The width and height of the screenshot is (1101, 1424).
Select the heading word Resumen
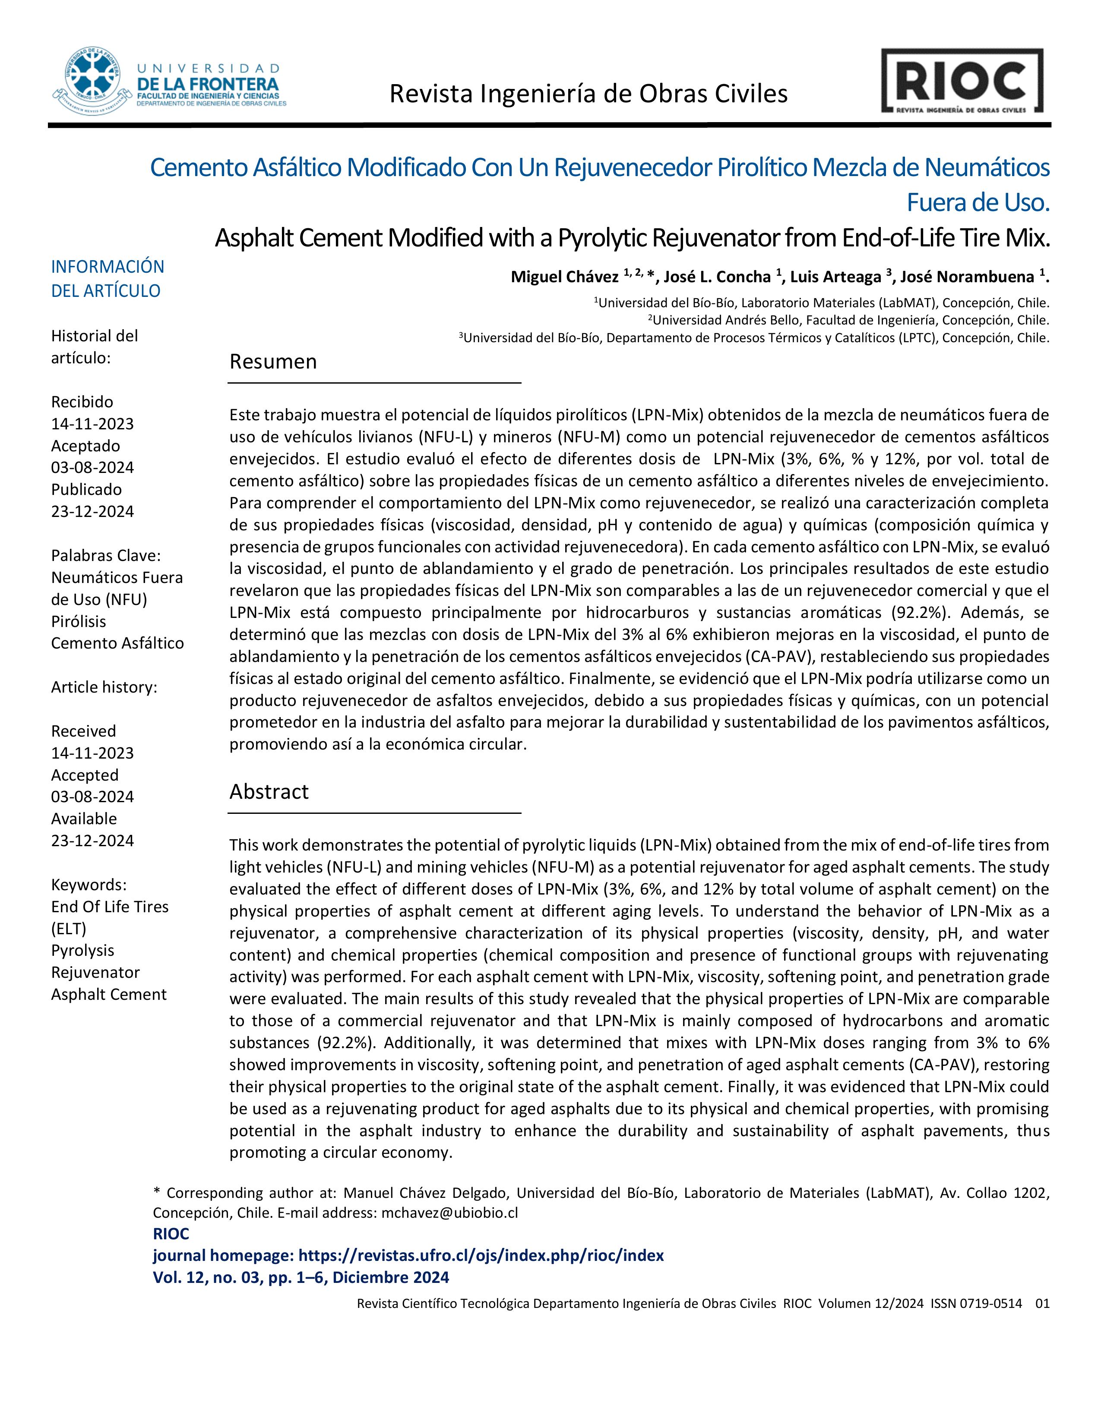pos(272,362)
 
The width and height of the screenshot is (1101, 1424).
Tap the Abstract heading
pos(269,791)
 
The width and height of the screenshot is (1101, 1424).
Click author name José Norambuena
pos(967,277)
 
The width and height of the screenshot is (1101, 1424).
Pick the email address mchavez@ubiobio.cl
pos(449,1213)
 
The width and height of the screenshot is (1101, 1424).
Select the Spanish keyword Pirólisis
pos(78,621)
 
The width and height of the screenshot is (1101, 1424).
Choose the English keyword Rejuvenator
pos(95,972)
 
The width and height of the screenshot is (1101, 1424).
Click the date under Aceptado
pos(93,467)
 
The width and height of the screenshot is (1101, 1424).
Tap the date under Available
pos(93,841)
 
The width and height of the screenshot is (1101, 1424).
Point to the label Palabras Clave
pos(106,555)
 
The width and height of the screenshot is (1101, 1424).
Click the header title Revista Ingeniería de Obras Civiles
pos(588,94)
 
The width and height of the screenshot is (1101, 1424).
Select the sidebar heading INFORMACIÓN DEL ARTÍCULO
pos(108,278)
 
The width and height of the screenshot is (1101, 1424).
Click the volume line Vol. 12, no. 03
pos(301,1277)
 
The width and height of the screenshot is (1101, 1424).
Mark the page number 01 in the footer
pos(1042,1303)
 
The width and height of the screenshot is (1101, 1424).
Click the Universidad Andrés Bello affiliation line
pos(848,320)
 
